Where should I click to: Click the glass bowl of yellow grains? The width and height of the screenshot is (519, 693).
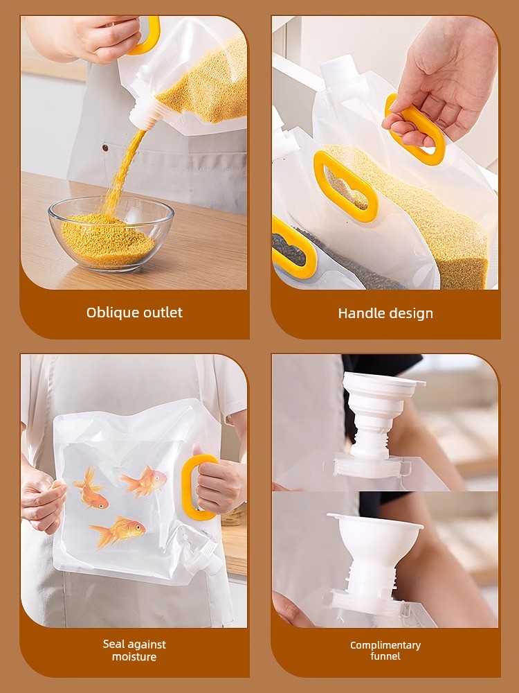111,234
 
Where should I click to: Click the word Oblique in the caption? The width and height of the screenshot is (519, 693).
110,313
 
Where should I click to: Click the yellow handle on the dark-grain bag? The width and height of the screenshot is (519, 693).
293,247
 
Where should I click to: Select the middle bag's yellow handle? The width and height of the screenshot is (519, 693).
345,186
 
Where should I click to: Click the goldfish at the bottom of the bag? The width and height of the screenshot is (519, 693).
118,532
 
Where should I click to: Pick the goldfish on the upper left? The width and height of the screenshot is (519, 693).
91,489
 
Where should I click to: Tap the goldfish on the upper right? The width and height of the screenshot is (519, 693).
143,482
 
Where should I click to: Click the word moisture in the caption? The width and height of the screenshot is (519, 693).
134,657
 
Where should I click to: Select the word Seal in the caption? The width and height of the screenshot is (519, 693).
112,644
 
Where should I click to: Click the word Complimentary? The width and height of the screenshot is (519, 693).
385,646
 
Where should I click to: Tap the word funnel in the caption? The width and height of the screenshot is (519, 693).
385,656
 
